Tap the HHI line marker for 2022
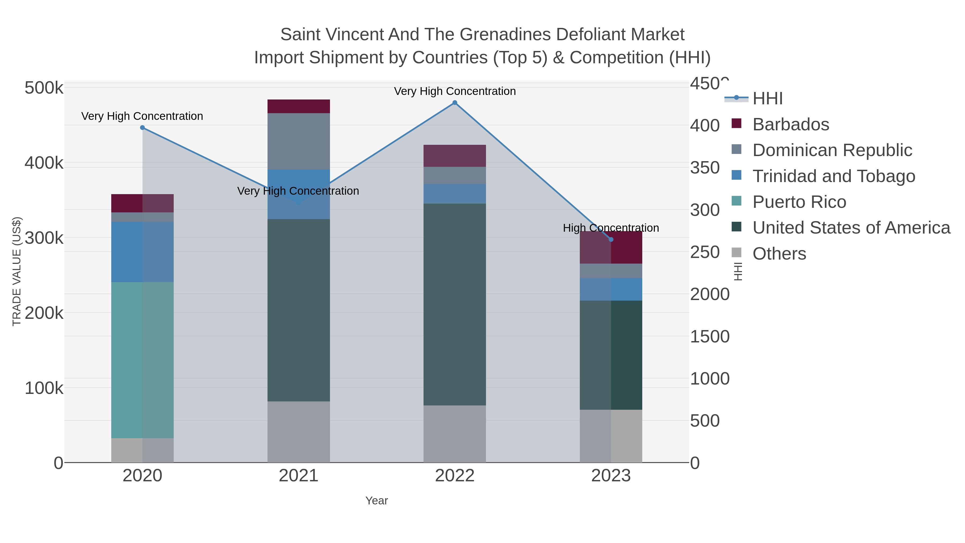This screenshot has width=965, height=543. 455,103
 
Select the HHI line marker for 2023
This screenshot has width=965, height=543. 611,239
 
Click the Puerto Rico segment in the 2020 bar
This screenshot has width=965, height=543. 142,360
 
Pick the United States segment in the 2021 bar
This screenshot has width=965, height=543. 299,310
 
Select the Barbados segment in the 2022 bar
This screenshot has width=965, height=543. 455,156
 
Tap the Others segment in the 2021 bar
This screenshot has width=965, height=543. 299,432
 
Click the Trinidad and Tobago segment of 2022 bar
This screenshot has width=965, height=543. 455,193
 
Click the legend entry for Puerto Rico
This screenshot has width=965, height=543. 799,202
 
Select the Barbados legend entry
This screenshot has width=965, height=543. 790,124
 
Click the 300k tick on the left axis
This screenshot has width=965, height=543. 44,238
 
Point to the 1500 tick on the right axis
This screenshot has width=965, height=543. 710,337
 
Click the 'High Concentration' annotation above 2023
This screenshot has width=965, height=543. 611,228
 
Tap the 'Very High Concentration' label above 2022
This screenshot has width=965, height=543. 455,91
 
